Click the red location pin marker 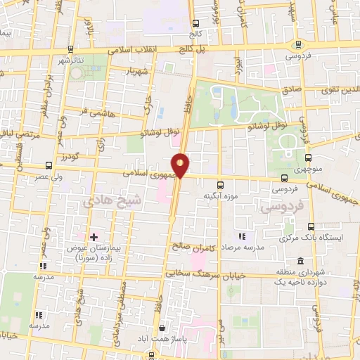[181, 165]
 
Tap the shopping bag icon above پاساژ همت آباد [163, 328]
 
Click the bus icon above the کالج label [194, 21]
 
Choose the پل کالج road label [176, 49]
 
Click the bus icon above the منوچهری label [307, 157]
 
